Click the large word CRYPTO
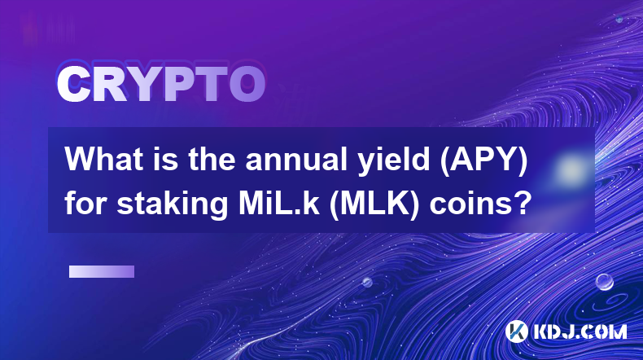[x=161, y=84]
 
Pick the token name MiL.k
[x=278, y=203]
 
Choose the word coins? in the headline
[x=480, y=204]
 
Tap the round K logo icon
[x=516, y=331]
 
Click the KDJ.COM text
[x=580, y=331]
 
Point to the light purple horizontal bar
[x=102, y=272]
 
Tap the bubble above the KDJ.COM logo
[x=605, y=282]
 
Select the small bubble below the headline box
[x=367, y=282]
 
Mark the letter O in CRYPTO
[x=247, y=84]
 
